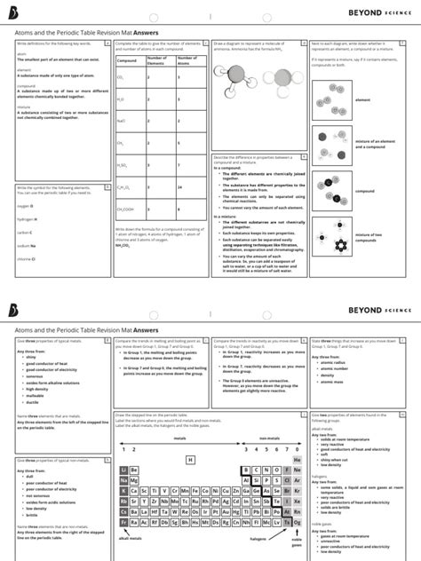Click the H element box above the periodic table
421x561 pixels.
click(190, 460)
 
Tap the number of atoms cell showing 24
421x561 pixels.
click(179, 189)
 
